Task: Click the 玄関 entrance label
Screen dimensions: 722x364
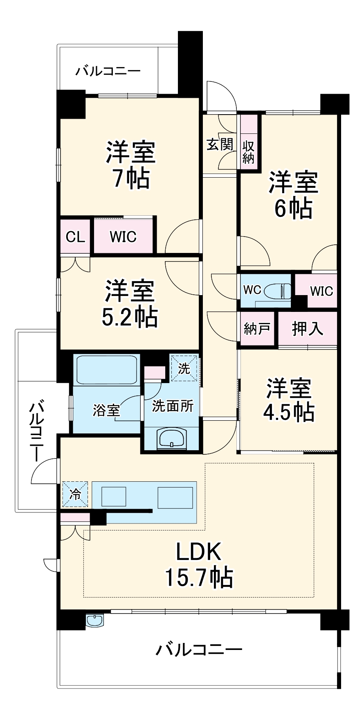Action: click(220, 144)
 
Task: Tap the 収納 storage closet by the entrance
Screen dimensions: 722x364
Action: click(249, 152)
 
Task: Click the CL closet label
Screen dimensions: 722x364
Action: click(75, 237)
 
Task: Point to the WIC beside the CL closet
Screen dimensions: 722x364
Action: click(123, 237)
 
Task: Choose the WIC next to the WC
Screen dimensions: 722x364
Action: click(321, 291)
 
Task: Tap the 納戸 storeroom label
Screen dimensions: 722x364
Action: click(257, 328)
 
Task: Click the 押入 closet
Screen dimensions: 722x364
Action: click(308, 328)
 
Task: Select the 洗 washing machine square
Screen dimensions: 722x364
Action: click(184, 368)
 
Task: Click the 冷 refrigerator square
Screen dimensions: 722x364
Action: click(75, 494)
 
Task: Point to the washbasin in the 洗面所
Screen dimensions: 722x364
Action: click(172, 439)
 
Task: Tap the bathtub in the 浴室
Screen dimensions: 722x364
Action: click(106, 369)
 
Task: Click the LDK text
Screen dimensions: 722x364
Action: click(199, 551)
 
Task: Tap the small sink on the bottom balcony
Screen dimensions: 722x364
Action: click(95, 620)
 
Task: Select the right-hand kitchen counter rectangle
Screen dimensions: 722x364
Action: click(175, 497)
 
